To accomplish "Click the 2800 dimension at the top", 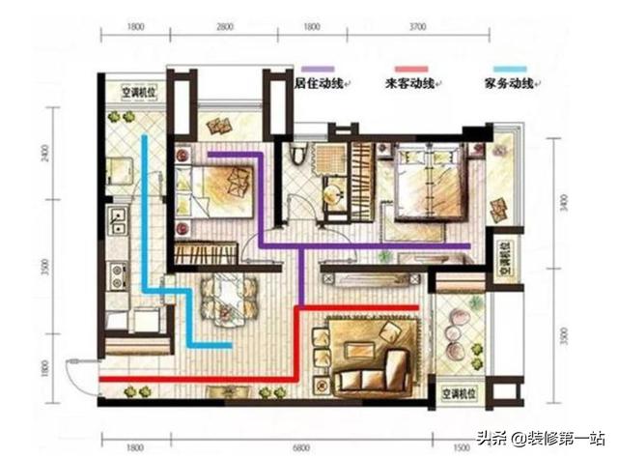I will [224, 29].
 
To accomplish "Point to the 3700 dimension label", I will [417, 29].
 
